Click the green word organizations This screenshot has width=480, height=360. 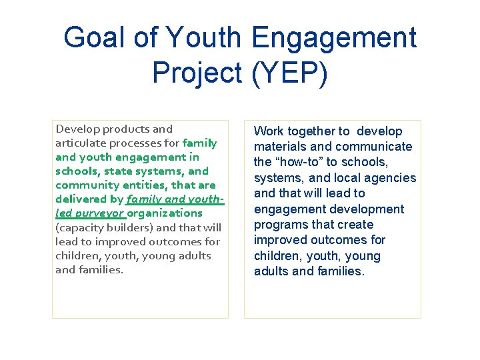[x=165, y=213]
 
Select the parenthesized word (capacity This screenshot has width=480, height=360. [x=81, y=227]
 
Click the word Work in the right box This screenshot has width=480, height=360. [x=268, y=131]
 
